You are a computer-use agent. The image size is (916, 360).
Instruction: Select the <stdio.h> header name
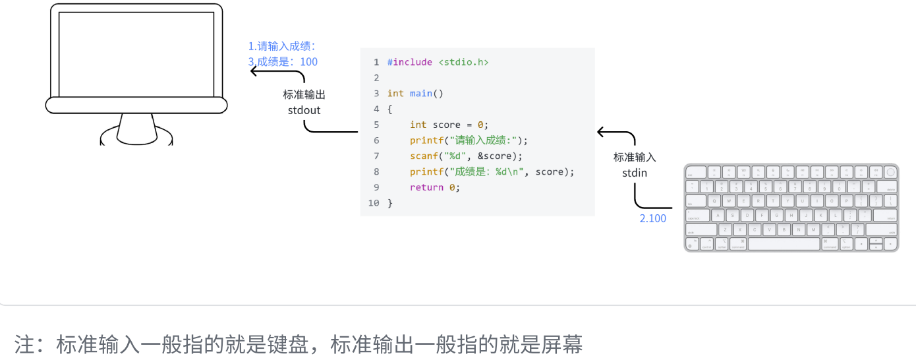point(463,62)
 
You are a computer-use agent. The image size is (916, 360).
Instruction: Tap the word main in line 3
point(420,94)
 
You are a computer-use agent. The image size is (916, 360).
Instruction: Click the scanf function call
point(423,156)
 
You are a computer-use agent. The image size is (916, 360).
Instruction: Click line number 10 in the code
point(374,203)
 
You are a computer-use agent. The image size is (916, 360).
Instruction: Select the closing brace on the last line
point(390,203)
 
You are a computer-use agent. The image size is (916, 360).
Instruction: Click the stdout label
point(304,110)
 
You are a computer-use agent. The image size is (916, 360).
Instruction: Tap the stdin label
point(635,173)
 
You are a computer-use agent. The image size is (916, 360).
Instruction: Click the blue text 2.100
point(652,218)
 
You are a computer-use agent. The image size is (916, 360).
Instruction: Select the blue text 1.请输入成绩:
point(282,46)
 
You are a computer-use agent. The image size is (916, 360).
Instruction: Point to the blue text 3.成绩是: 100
point(283,62)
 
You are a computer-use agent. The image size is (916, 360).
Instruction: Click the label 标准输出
point(304,95)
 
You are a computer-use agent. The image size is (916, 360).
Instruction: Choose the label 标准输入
point(635,158)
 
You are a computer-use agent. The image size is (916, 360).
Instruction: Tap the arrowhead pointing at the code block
point(600,132)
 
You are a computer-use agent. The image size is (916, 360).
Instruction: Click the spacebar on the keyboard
point(784,244)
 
